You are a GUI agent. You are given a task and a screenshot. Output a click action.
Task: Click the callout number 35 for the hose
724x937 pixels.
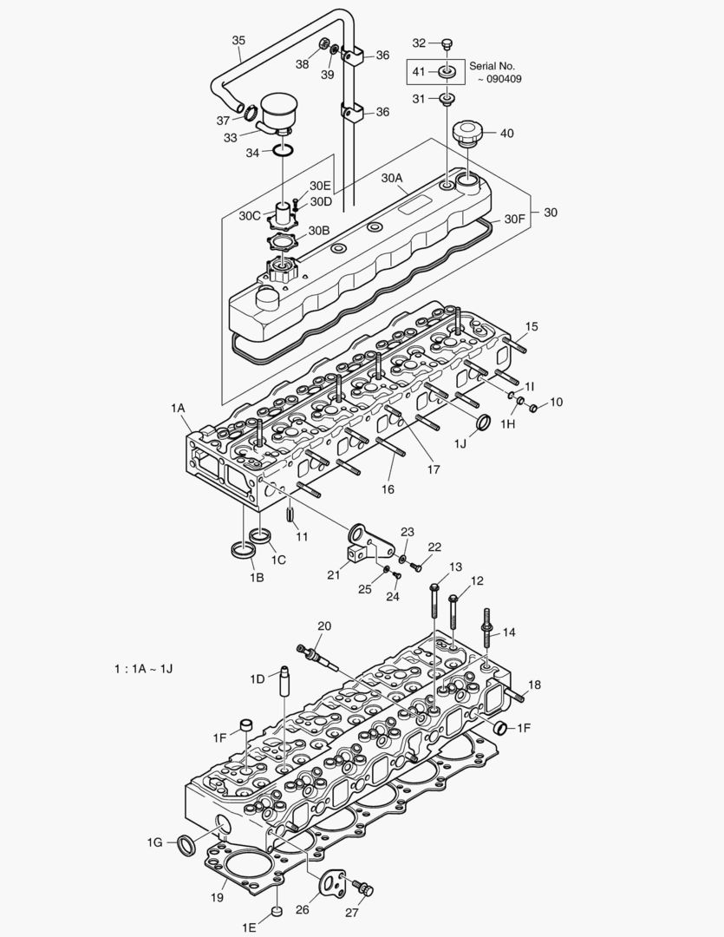click(x=238, y=40)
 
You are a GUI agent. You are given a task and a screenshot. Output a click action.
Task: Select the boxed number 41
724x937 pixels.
click(x=419, y=71)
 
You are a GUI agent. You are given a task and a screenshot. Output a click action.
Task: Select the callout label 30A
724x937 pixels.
click(x=392, y=178)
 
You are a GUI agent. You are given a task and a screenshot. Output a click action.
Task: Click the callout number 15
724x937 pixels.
click(x=532, y=326)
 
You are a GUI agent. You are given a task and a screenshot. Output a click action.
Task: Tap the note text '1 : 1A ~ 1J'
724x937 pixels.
click(x=148, y=669)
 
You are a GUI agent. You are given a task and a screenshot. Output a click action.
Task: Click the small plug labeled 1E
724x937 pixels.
click(x=277, y=910)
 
